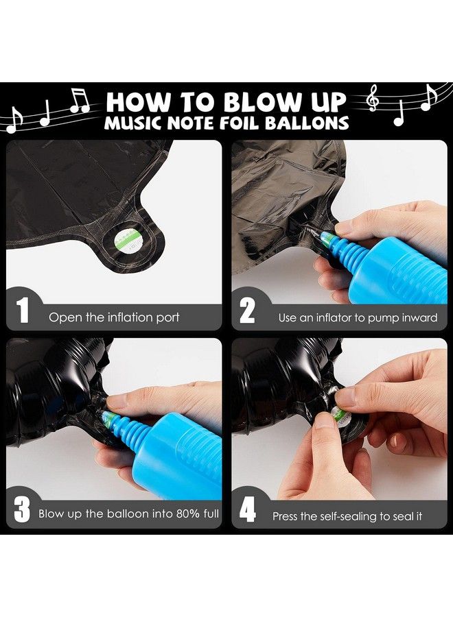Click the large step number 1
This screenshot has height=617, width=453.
point(23,310)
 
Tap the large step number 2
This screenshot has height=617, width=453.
point(247,310)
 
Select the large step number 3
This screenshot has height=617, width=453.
point(22,509)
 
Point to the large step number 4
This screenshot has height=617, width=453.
point(248,509)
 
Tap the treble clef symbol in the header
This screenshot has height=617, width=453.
point(372,98)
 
